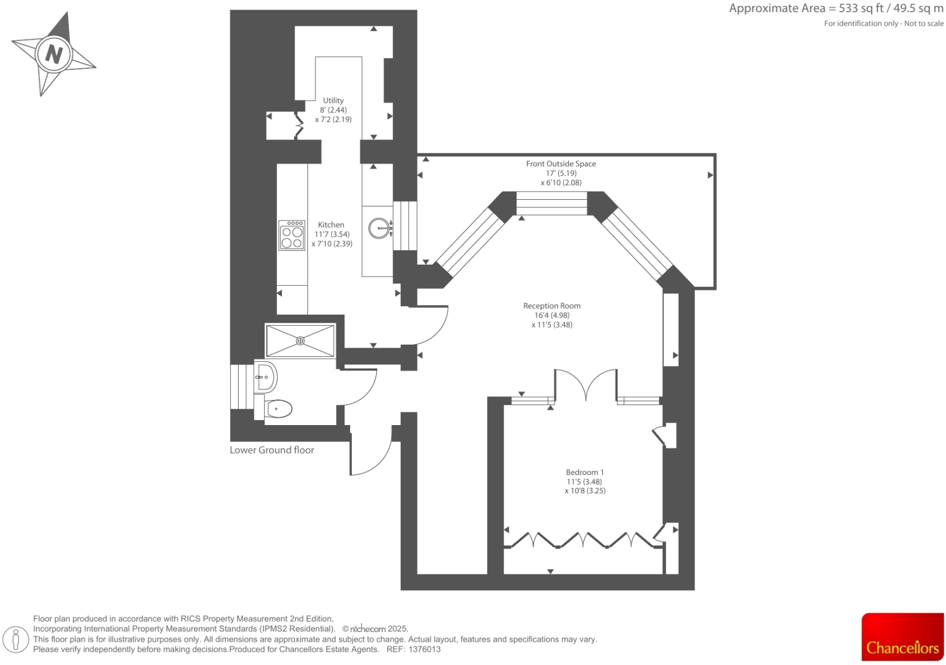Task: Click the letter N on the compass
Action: (54, 54)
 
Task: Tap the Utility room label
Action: (333, 100)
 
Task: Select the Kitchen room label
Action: (331, 225)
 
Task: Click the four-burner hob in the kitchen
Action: (292, 236)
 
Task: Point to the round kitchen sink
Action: (379, 228)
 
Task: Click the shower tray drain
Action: (300, 341)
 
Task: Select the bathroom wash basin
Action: (265, 376)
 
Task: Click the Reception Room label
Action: (552, 306)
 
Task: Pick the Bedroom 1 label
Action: (584, 472)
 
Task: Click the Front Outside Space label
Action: (561, 164)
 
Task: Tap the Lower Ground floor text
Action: (272, 450)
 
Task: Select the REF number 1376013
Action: (424, 649)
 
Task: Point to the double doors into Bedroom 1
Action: (586, 385)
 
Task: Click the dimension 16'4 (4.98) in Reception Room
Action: (552, 315)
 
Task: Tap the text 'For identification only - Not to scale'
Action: (883, 24)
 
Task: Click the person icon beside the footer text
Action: (16, 639)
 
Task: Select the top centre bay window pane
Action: (552, 203)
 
